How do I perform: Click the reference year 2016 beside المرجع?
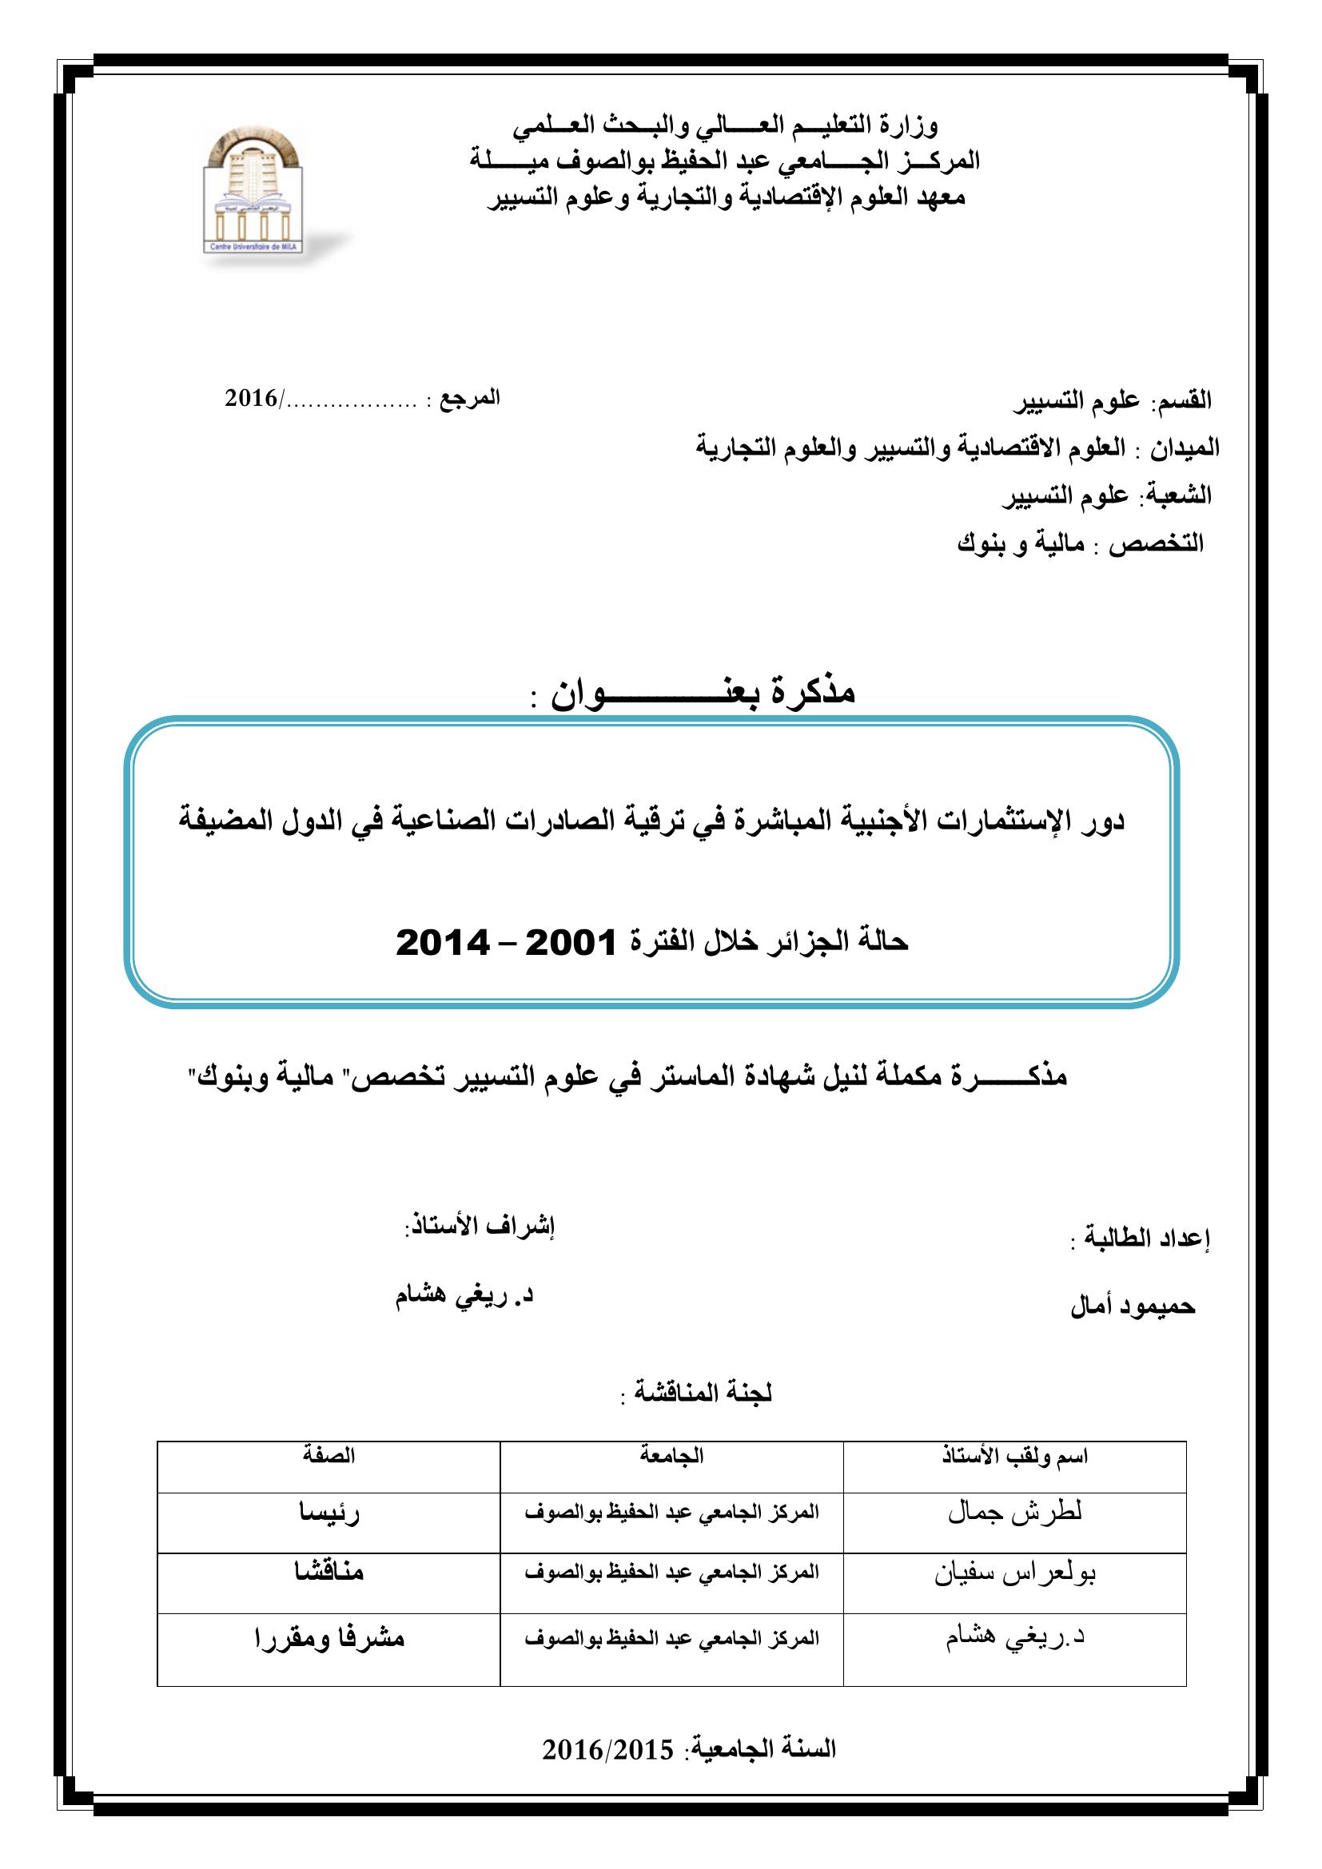(x=252, y=398)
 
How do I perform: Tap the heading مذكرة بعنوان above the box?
(x=704, y=692)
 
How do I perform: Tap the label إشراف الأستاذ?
(x=480, y=1227)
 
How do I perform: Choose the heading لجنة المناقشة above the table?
(x=695, y=1393)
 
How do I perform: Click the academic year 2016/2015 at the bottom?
(x=608, y=1749)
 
